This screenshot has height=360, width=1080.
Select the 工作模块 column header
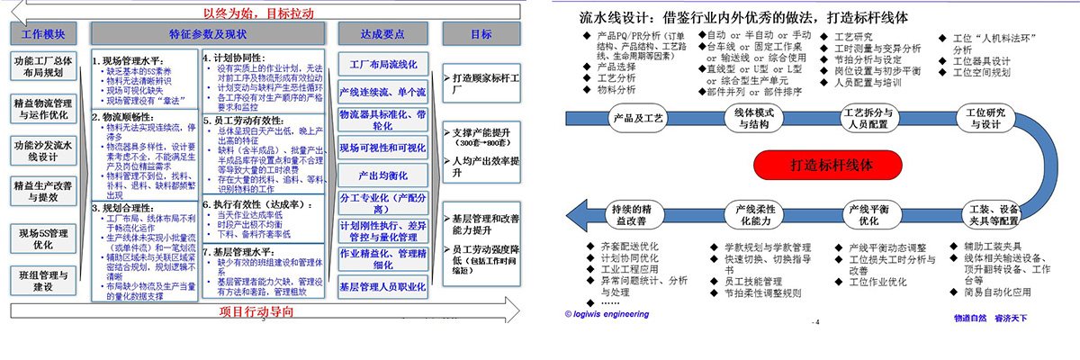click(x=43, y=34)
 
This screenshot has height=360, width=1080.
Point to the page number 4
click(x=814, y=321)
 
